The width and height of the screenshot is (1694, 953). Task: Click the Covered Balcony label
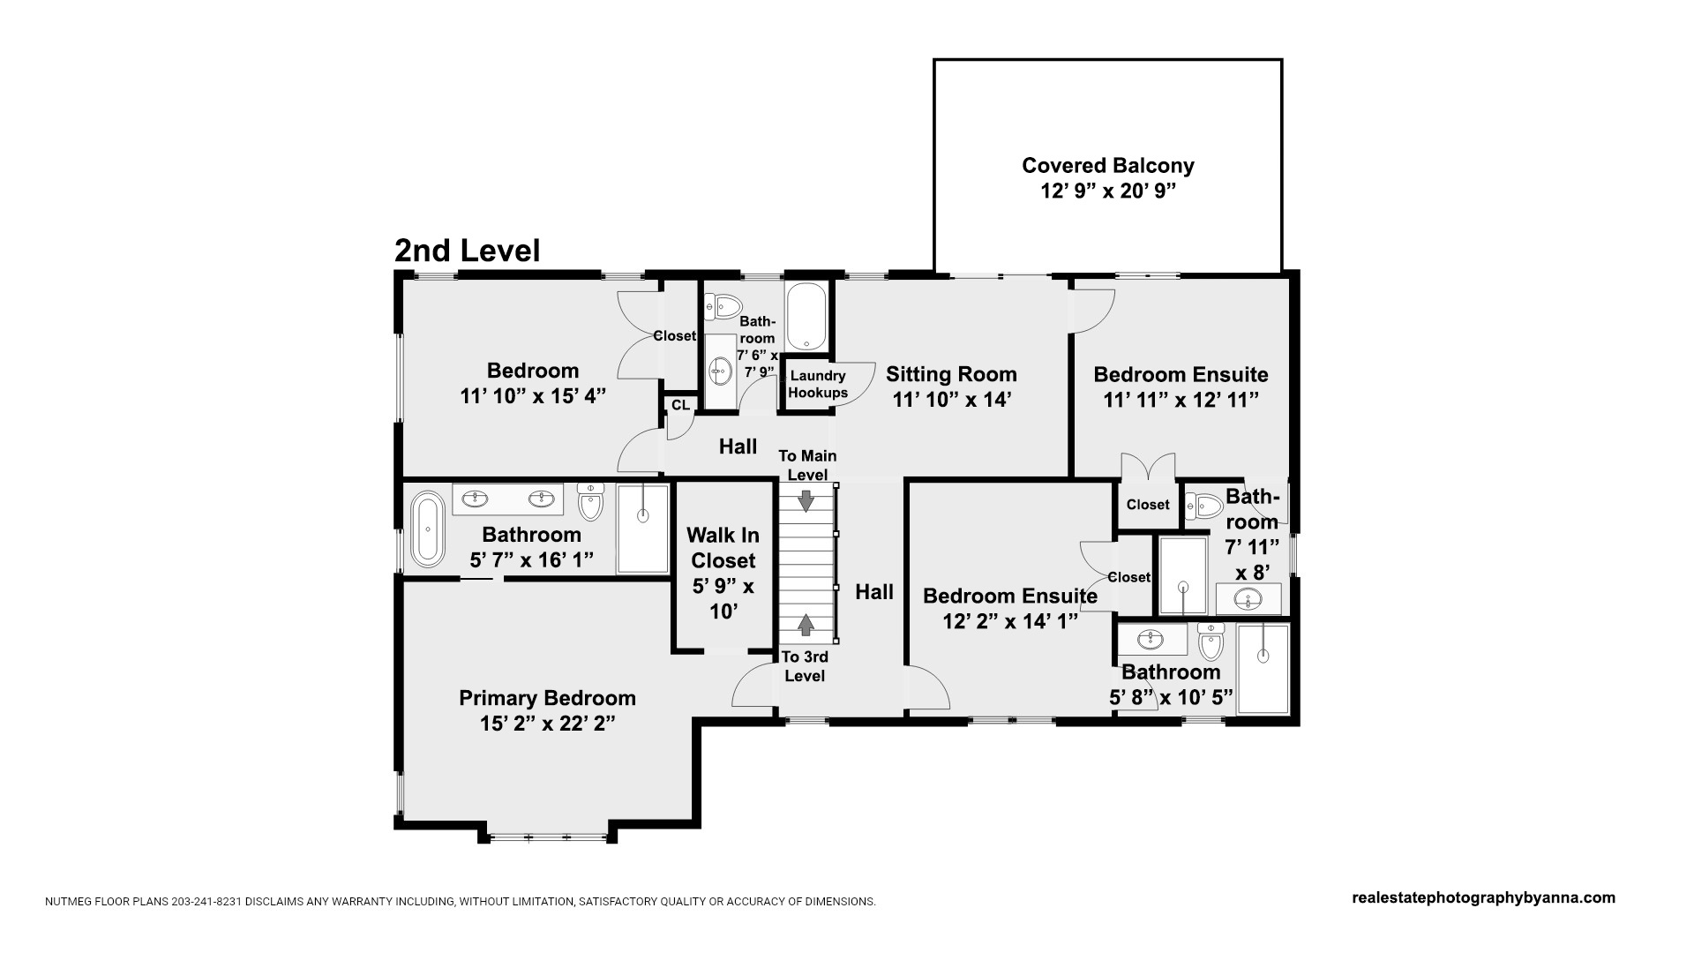1108,165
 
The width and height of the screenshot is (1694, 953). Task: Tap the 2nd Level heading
467,251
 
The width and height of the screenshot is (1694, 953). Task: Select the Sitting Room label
951,374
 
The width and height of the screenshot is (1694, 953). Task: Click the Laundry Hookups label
818,385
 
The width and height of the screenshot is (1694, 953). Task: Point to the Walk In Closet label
723,548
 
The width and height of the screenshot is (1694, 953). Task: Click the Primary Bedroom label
547,698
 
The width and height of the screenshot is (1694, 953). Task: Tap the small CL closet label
680,405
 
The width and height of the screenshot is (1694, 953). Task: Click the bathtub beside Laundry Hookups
806,317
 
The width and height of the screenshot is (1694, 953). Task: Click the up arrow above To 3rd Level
806,625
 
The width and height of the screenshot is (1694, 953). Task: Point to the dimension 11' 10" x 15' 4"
533,396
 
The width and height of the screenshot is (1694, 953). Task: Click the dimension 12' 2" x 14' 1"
1010,622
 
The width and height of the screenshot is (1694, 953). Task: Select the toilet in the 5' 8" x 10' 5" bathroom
1211,642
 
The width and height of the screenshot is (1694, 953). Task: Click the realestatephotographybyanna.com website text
1484,897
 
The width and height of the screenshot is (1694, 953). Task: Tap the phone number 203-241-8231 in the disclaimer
212,902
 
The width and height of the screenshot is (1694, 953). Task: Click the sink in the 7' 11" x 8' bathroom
1248,599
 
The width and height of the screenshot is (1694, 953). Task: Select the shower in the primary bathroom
642,529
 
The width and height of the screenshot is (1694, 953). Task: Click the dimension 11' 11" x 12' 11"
1181,400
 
